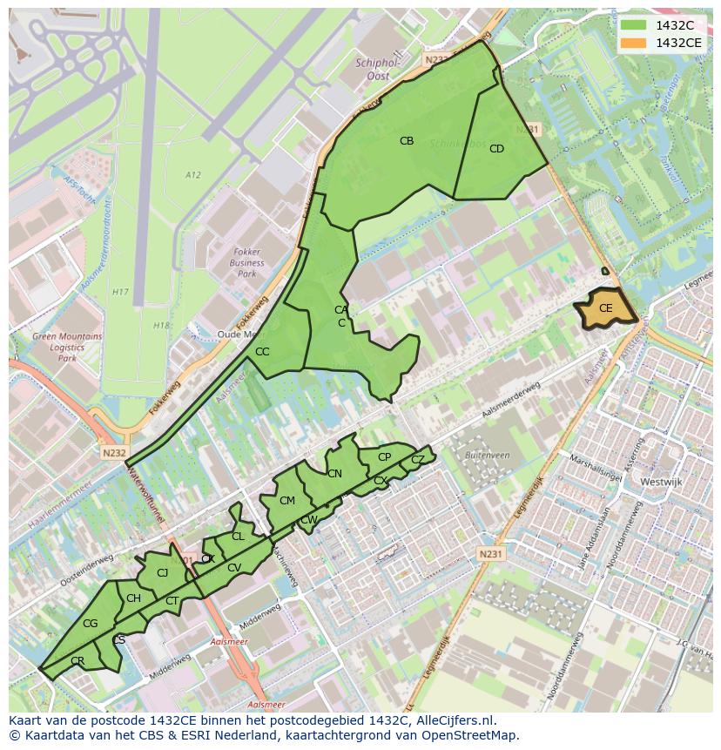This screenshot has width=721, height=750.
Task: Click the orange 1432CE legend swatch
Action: (633, 42)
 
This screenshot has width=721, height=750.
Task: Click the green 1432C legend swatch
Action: (633, 24)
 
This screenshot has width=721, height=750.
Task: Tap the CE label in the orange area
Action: (605, 308)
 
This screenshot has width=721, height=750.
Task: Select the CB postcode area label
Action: (407, 141)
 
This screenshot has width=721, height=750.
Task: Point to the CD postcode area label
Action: (496, 149)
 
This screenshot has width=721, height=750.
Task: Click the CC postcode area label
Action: (262, 352)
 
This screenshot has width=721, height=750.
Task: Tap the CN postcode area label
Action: (334, 474)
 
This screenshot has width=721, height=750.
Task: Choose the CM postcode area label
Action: (287, 500)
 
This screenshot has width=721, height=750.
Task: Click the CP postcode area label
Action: (384, 457)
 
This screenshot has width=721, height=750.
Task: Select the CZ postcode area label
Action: (418, 459)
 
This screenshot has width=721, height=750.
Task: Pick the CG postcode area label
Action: (90, 624)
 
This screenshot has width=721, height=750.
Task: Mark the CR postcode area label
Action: (77, 661)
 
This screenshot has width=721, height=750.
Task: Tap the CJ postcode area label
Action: (162, 572)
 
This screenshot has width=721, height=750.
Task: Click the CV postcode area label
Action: (233, 568)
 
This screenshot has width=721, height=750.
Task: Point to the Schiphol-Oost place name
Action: (377, 70)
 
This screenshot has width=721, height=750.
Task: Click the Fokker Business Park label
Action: (246, 262)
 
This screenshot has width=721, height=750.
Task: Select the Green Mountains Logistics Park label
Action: (67, 347)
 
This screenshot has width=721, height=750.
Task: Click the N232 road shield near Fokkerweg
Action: (114, 453)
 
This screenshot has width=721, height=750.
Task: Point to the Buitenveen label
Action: (488, 455)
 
